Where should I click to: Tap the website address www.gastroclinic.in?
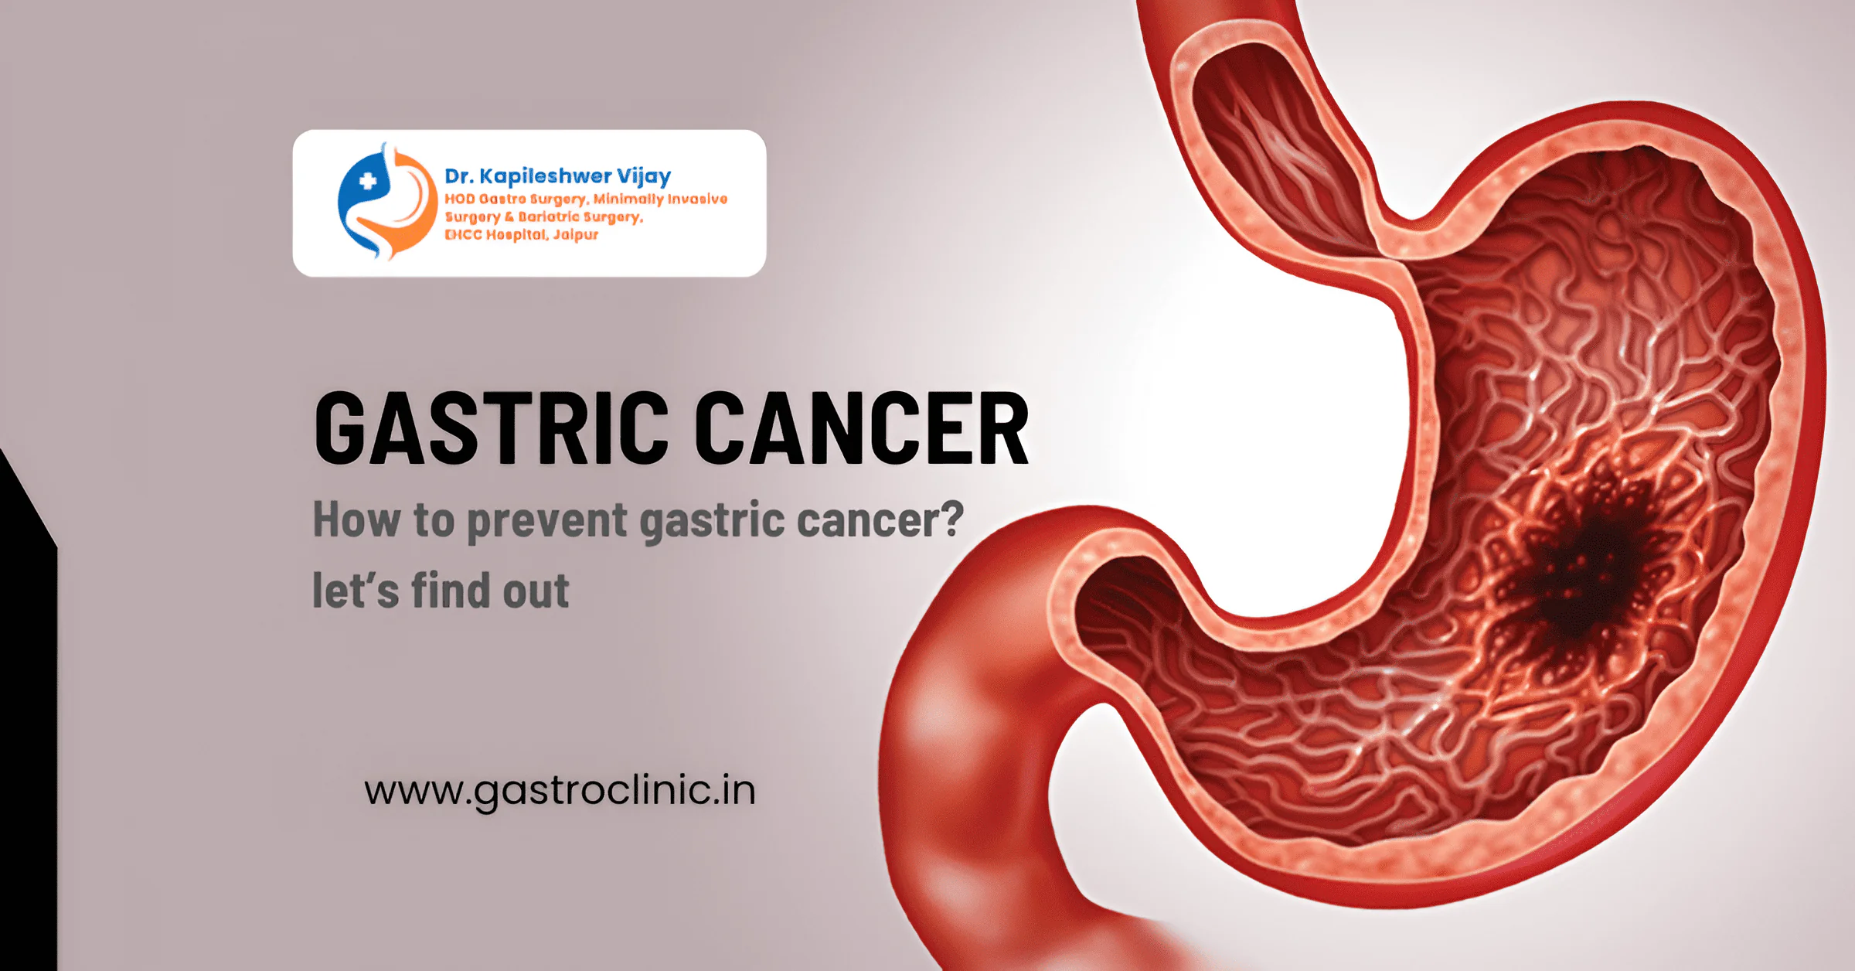click(560, 792)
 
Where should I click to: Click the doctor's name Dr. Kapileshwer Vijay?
click(557, 177)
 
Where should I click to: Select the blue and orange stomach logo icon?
click(387, 201)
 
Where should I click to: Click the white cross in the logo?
click(368, 182)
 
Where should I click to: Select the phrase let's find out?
click(441, 591)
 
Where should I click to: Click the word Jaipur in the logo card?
click(576, 235)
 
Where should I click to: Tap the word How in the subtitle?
click(356, 519)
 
